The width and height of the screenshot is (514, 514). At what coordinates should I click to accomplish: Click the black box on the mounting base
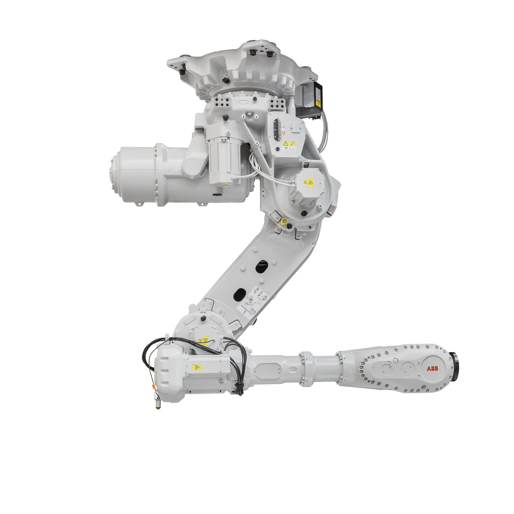[309, 99]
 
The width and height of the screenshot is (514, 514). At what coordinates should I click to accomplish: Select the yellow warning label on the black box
[317, 103]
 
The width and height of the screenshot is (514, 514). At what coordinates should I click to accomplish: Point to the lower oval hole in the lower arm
[239, 294]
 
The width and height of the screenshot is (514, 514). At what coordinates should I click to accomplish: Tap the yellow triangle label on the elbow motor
[197, 367]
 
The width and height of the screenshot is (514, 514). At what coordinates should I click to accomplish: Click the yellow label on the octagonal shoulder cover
[307, 183]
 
